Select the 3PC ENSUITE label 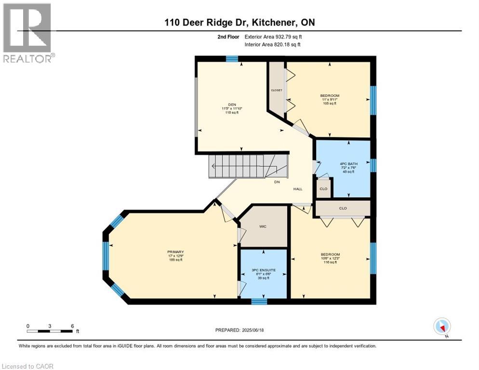[x=264, y=270]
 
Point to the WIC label [x=263, y=226]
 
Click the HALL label [x=298, y=189]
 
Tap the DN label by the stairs [x=277, y=182]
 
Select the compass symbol [x=442, y=327]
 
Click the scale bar [x=50, y=331]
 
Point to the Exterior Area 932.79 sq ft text [x=273, y=37]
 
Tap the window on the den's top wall [x=232, y=59]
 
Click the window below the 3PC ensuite [x=259, y=302]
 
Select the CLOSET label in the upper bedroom [x=276, y=90]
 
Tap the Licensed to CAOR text [x=27, y=366]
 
